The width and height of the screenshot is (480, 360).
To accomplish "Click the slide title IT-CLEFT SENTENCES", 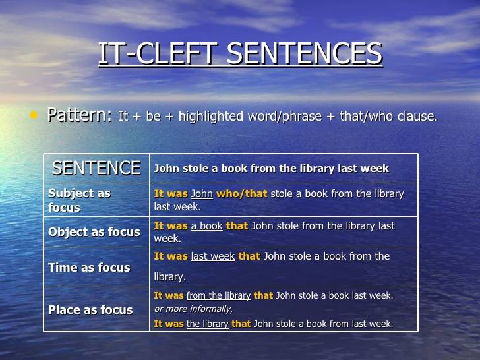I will coord(240,54).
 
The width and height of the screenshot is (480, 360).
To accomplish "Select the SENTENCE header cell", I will coord(96,168).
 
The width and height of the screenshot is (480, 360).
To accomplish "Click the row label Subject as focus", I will coord(79,200).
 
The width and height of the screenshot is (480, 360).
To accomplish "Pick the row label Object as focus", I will coord(94,232).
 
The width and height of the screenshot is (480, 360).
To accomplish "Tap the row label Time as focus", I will coord(89,268).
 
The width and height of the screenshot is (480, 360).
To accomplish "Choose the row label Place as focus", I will coord(90,309).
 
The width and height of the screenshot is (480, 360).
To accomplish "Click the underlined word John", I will coord(202,194).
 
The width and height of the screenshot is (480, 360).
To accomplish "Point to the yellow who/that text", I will coord(241,194).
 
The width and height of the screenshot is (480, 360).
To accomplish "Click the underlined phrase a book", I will coord(206,225).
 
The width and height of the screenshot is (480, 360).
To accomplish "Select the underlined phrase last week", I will coord(212,256).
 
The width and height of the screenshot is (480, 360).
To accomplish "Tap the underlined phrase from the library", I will coord(218,295).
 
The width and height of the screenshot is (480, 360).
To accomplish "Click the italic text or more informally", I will coord(193,309).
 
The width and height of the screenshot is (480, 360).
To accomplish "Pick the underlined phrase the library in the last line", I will coord(207,324).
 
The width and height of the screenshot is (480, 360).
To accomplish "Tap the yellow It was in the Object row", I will coord(171,225).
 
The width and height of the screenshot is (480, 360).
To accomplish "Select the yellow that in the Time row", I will coord(249,256).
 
